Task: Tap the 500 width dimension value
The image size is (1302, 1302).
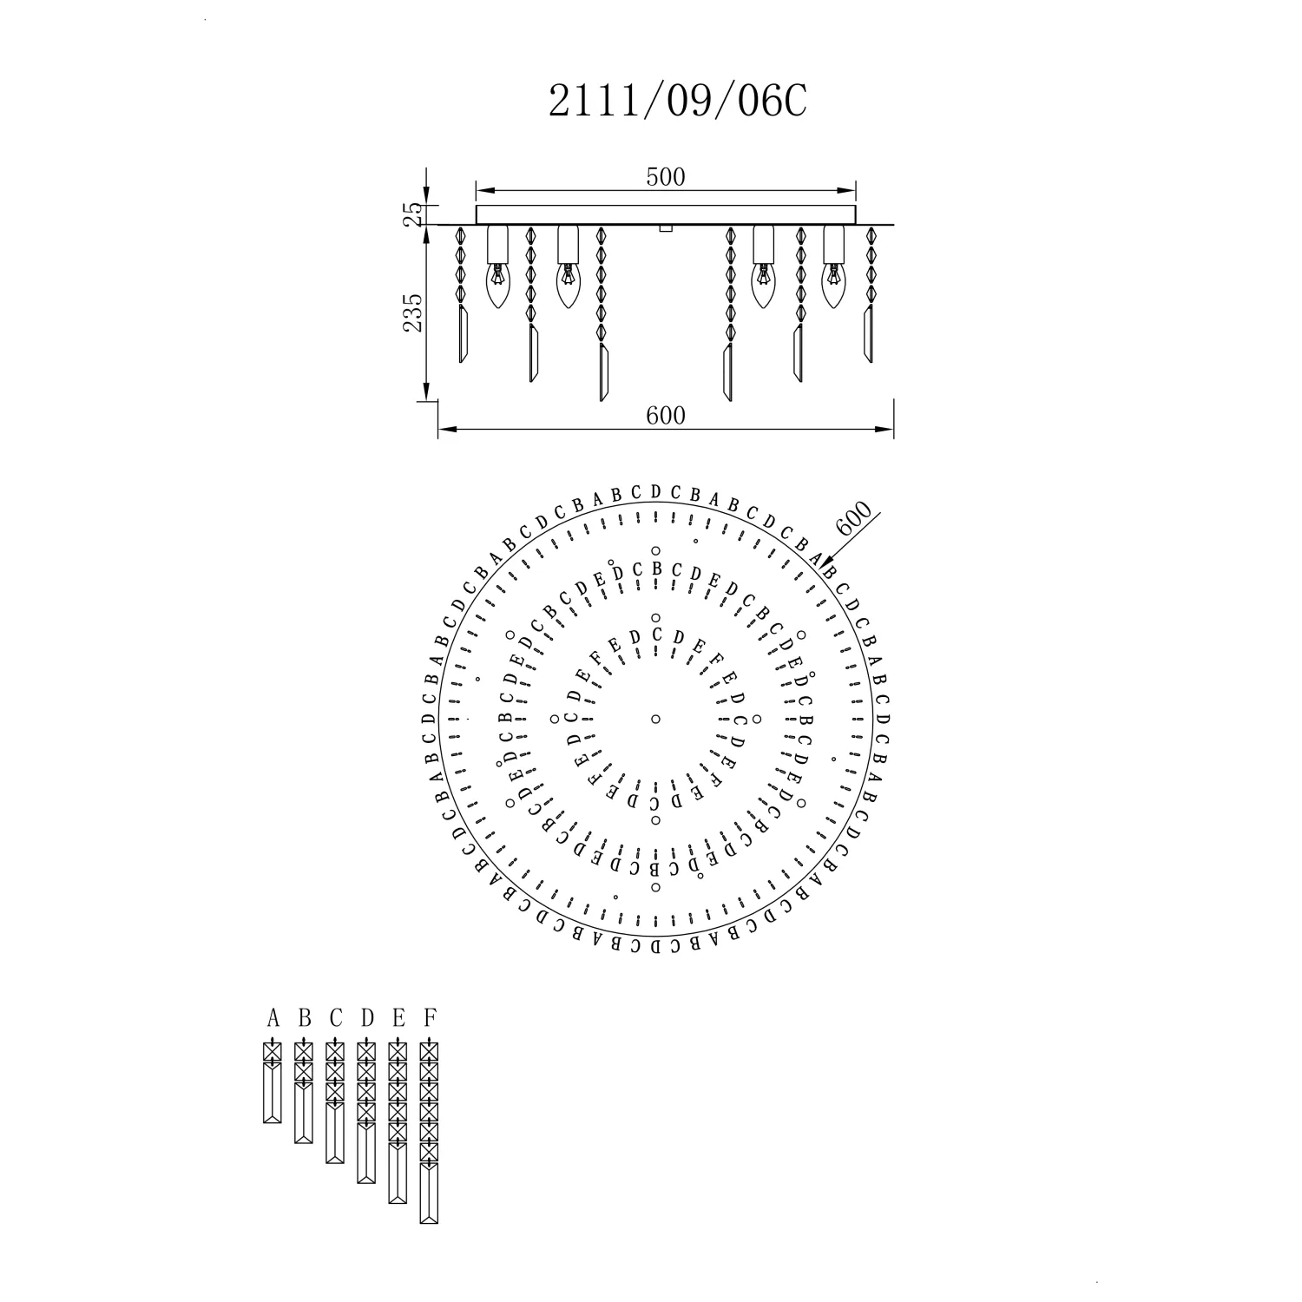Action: click(666, 177)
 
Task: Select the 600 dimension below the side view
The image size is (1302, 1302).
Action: click(666, 416)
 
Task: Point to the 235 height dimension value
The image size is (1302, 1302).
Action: click(413, 312)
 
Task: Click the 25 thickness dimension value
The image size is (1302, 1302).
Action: click(414, 214)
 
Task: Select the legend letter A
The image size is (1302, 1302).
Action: click(273, 1017)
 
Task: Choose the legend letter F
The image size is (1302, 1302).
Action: click(429, 1017)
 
